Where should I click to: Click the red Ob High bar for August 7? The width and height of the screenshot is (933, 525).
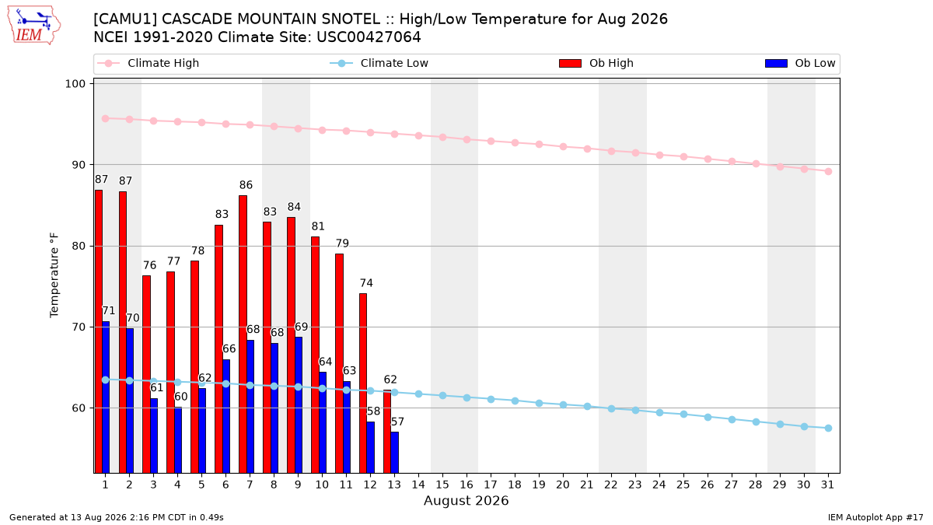[243, 334]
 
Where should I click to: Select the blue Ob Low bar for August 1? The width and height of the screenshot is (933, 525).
[106, 397]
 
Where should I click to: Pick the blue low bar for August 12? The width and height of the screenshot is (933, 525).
[370, 447]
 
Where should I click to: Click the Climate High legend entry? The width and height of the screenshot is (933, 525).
[149, 63]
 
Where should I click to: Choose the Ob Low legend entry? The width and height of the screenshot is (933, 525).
[800, 63]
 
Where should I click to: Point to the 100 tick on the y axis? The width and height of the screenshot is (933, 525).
[75, 84]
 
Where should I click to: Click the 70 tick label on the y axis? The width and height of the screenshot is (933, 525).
[79, 327]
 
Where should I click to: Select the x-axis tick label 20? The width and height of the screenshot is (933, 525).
[563, 485]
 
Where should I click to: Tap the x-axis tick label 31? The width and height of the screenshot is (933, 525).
[827, 485]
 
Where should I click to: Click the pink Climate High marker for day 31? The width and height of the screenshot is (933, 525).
[829, 171]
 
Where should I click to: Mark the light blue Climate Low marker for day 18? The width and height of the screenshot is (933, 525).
[515, 401]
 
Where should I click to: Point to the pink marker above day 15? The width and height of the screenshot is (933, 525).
[442, 137]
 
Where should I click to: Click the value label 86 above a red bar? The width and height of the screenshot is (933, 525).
[246, 184]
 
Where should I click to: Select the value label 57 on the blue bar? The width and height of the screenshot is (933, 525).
[397, 422]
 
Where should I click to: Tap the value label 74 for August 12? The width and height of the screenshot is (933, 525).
[366, 283]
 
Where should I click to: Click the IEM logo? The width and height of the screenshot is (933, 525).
[33, 26]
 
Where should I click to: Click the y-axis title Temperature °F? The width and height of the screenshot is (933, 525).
[54, 275]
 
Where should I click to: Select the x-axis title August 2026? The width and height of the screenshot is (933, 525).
[466, 500]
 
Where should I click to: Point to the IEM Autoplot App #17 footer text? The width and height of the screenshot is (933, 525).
[875, 517]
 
